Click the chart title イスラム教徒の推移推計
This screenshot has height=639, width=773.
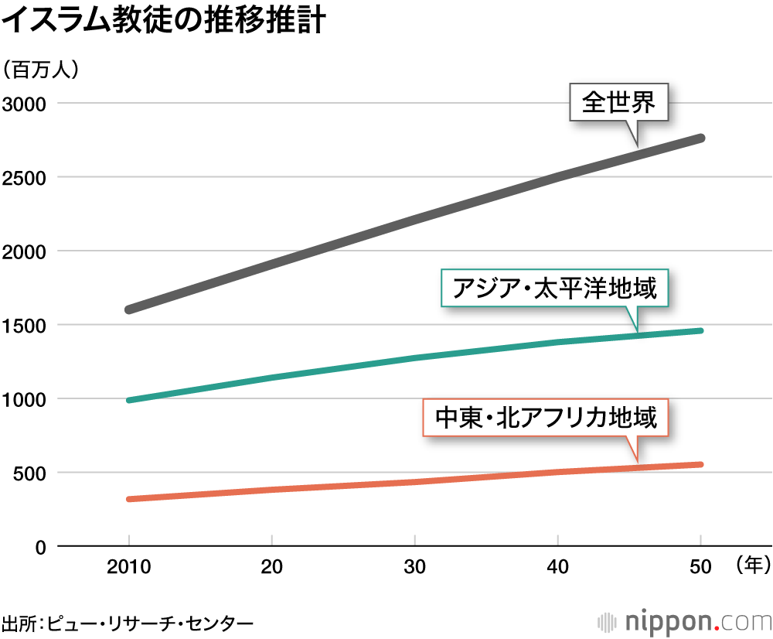tap(163, 20)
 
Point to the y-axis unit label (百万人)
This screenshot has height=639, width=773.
tap(40, 70)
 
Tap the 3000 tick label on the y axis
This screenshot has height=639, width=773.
tap(24, 104)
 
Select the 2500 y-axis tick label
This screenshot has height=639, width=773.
tap(24, 178)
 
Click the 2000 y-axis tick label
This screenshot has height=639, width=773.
tap(24, 251)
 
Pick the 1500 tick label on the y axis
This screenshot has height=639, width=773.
tap(24, 326)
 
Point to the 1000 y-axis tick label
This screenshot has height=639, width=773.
tap(24, 400)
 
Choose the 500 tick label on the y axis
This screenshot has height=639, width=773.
tap(29, 473)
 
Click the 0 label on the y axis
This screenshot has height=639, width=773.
tap(40, 547)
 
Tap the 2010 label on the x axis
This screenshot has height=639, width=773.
tap(128, 567)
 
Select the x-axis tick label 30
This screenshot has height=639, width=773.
tap(414, 567)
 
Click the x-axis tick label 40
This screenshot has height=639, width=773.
tap(557, 567)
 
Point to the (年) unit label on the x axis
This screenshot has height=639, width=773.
tap(753, 565)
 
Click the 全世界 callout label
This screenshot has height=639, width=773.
tap(618, 102)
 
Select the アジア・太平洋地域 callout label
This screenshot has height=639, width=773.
tap(554, 288)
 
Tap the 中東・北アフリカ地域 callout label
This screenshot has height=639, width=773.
tap(546, 418)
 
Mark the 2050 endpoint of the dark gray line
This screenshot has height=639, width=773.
tap(700, 138)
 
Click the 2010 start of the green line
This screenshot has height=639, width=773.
tap(129, 400)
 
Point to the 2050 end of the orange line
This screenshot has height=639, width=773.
tap(700, 464)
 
